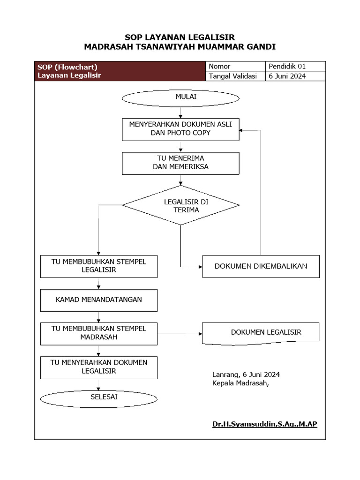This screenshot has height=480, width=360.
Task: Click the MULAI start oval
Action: point(180,97)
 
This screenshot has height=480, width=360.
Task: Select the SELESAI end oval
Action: point(98,398)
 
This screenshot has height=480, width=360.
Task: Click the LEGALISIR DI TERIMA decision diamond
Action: point(181,205)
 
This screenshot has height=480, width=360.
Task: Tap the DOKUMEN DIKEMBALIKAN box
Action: point(261,266)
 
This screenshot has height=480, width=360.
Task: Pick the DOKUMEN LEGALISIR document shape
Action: point(261,333)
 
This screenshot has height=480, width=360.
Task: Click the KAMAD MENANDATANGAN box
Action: point(98,300)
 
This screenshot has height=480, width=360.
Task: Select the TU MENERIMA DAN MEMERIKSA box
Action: point(180,163)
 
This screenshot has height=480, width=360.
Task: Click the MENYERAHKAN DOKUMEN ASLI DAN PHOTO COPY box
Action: point(180,128)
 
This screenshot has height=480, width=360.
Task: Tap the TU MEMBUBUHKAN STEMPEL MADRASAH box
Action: point(98,333)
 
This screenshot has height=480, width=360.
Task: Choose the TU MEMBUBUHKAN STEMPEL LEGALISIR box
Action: point(98,266)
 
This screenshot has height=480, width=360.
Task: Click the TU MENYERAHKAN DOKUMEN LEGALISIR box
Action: point(98,367)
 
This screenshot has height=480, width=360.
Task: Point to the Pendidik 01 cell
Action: point(295,66)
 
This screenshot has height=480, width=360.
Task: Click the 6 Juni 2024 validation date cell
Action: point(295,76)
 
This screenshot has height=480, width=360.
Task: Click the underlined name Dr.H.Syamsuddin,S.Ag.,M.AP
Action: point(264,424)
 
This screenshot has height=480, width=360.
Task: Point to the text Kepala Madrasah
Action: point(240,383)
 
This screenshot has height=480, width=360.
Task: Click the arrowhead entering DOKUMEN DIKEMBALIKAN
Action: point(200,267)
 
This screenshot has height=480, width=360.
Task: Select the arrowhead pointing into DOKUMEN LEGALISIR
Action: point(199,334)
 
